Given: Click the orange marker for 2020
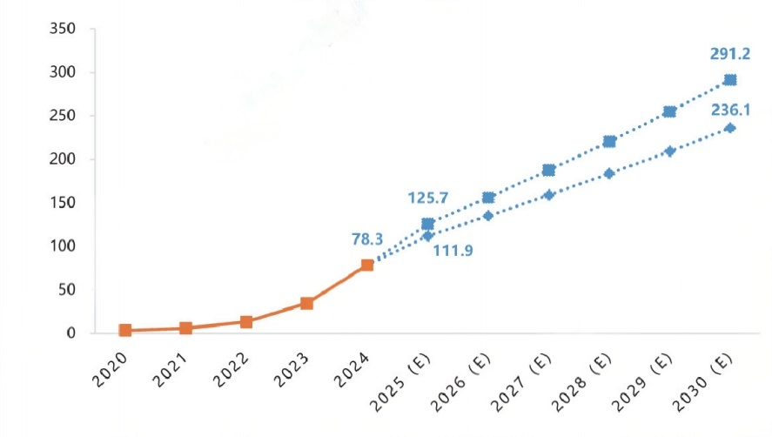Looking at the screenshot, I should point(125,331).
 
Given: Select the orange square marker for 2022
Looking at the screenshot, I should point(246,322).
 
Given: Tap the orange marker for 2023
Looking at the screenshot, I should point(307,303).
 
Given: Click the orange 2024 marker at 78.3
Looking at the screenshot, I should point(367,265).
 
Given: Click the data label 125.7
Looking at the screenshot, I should point(427,198).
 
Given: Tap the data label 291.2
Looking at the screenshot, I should point(730,53).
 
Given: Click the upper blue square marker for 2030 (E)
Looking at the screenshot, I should point(730,80).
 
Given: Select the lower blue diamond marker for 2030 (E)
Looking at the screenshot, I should point(730,128).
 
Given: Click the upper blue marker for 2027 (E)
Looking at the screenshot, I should point(549,171).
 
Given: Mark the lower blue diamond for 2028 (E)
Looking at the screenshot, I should point(609,173).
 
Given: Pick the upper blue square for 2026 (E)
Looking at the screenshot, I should point(488,198).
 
